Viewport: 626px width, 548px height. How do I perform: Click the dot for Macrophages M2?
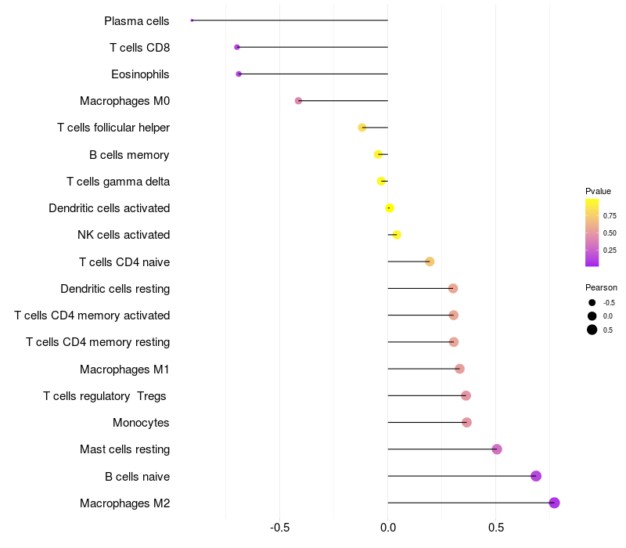(554, 503)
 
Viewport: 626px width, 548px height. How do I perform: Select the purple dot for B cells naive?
(536, 476)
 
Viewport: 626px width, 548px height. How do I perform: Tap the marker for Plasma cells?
(192, 20)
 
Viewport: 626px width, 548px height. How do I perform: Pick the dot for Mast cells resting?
(497, 449)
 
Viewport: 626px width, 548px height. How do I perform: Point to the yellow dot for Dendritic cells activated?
(390, 208)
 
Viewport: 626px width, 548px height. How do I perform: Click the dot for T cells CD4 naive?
(430, 261)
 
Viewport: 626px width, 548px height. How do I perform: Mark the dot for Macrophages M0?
(298, 101)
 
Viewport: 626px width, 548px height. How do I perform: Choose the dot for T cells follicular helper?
(362, 128)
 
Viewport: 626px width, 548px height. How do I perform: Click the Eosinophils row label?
(141, 74)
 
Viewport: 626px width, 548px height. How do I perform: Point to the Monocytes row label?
(141, 423)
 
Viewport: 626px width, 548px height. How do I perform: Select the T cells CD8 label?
(139, 48)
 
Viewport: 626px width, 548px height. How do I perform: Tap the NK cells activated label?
(124, 235)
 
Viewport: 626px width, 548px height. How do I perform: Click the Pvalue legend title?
(598, 191)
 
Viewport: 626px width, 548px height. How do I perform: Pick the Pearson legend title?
(601, 287)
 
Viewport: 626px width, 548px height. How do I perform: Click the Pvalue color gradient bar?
(592, 233)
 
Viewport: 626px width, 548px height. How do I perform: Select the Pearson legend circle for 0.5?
(592, 330)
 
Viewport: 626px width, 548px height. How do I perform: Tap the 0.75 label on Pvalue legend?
(610, 215)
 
